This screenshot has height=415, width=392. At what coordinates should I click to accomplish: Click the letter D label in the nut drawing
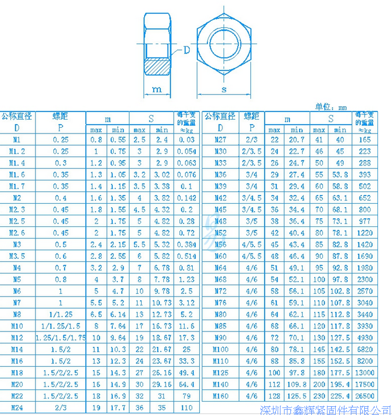(x=187, y=50)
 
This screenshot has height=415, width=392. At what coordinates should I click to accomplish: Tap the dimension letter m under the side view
(x=156, y=89)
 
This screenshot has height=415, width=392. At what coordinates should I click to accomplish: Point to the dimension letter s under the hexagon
(x=225, y=89)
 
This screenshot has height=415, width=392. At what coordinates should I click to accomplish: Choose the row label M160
(x=221, y=396)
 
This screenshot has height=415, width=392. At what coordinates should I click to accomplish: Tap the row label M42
(x=221, y=198)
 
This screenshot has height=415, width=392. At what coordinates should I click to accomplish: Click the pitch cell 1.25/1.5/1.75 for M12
(x=60, y=338)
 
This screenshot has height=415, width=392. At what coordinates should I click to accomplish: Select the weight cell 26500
(x=365, y=396)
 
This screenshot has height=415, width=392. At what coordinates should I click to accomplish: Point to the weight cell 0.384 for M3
(x=186, y=244)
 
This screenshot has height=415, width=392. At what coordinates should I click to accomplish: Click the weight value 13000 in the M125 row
(x=365, y=373)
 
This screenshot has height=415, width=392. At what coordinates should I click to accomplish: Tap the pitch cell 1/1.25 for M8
(x=60, y=315)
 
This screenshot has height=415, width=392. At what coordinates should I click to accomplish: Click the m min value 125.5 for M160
(x=297, y=396)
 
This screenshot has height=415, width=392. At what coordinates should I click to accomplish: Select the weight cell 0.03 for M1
(x=186, y=140)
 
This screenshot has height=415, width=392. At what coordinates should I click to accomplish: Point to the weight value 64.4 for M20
(x=186, y=384)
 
